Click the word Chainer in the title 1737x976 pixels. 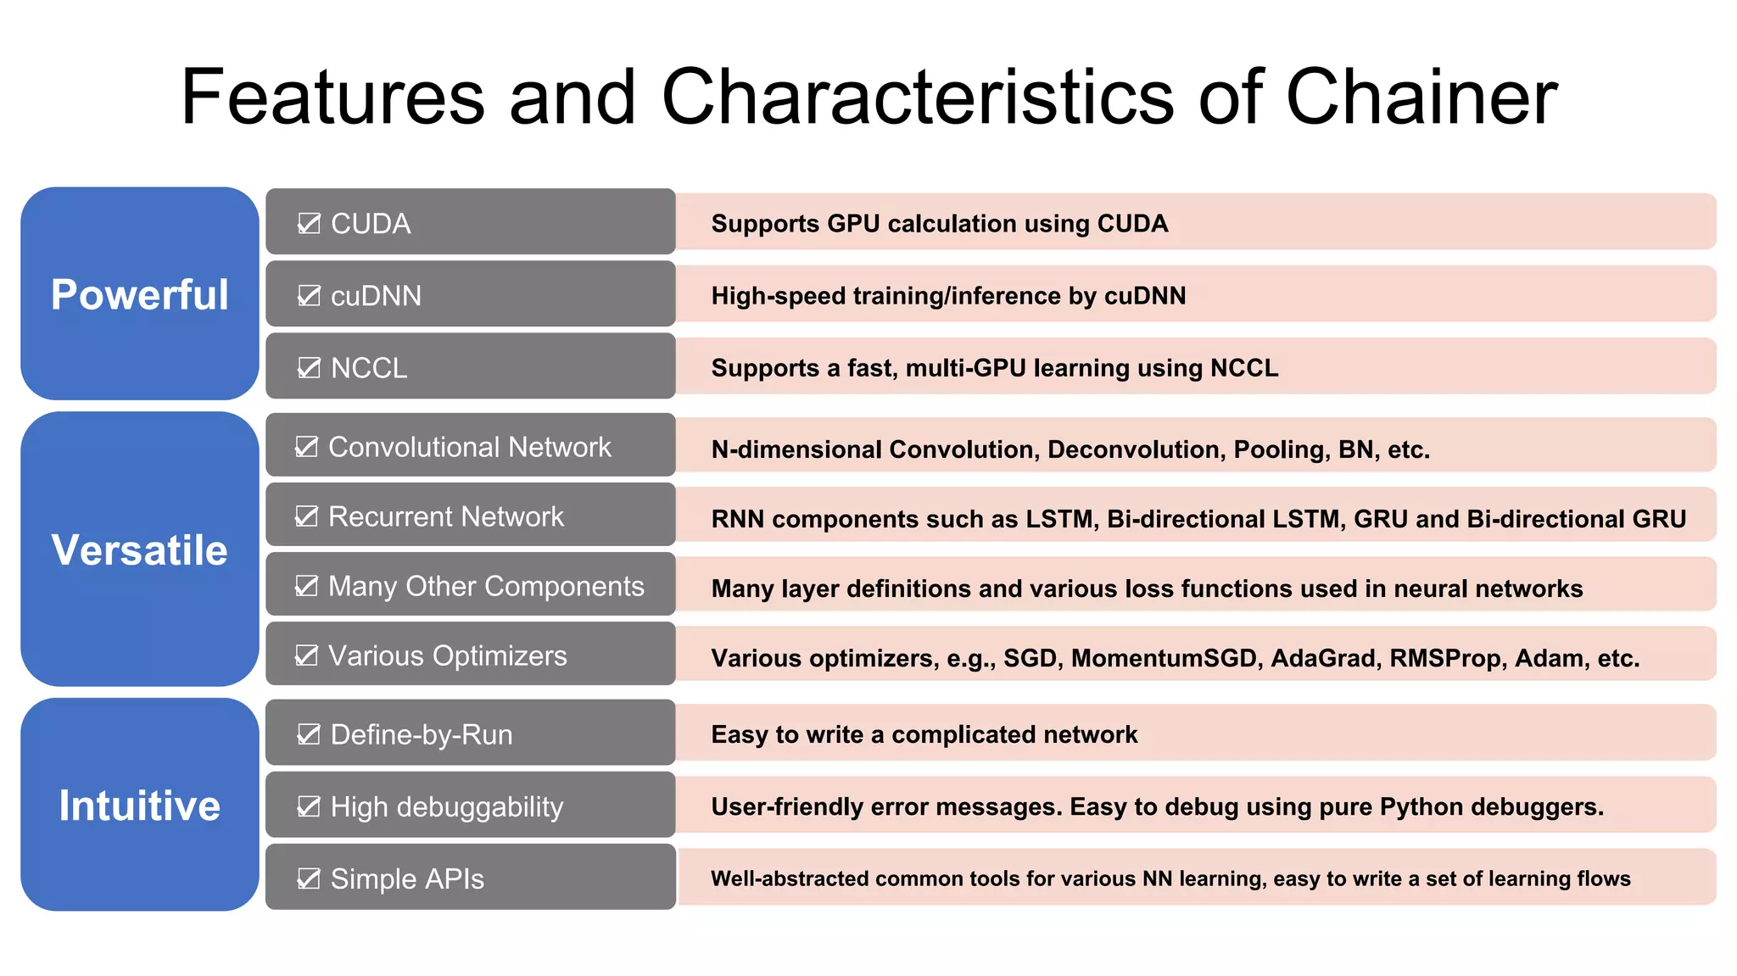1421,97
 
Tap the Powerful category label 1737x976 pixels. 140,294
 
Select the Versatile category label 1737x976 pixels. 140,549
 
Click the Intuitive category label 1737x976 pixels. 140,805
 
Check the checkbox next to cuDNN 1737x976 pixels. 309,295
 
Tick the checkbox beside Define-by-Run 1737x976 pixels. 309,733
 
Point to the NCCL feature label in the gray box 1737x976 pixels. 369,368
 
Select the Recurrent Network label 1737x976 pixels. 445,516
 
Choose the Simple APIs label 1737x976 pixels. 407,878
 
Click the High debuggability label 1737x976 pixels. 446,806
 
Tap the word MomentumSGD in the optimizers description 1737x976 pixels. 1167,658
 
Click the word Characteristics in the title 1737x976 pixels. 918,97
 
